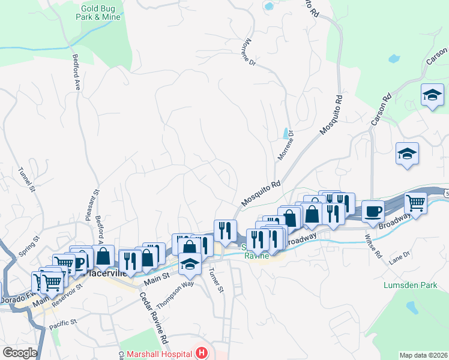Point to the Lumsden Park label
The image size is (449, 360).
(x=411, y=286)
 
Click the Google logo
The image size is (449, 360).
(x=20, y=353)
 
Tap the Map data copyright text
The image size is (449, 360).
(x=423, y=355)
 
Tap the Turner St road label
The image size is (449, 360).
(x=215, y=280)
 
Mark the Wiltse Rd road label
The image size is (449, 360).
(x=373, y=246)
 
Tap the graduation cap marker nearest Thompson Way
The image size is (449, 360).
(x=190, y=263)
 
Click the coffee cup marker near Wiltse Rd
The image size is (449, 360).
(x=373, y=211)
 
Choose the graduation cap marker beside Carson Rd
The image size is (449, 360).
(x=432, y=95)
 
